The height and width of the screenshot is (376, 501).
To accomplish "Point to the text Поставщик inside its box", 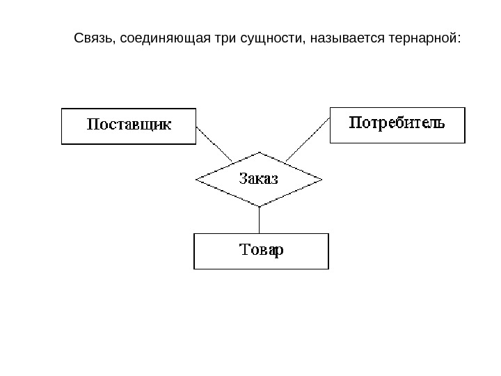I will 129,126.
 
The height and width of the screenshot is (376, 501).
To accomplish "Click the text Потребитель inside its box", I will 397,125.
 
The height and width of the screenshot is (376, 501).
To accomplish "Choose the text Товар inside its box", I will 260,251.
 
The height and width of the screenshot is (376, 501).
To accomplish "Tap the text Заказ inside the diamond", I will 259,179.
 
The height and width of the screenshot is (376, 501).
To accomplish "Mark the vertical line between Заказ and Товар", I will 259,220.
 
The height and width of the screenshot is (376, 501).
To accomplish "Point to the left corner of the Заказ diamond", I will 197,180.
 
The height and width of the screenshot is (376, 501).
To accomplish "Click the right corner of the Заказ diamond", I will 321,180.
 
